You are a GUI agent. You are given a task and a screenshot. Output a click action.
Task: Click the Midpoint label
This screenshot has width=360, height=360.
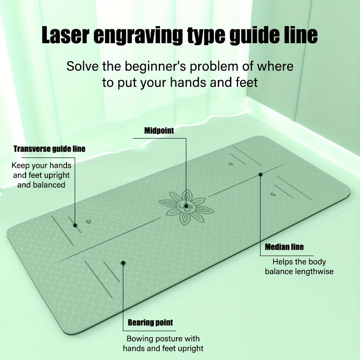159,130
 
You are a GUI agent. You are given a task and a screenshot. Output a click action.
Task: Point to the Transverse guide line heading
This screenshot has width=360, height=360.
49,149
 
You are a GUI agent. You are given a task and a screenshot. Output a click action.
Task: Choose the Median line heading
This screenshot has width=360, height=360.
284,247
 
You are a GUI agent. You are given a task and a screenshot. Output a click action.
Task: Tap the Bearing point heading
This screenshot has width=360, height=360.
150,322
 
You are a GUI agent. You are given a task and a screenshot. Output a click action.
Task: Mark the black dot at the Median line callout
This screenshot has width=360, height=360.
261,175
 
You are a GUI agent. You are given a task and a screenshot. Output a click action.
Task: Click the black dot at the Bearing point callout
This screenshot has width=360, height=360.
123,263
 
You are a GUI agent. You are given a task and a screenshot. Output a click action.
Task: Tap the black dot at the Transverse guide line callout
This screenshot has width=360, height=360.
75,225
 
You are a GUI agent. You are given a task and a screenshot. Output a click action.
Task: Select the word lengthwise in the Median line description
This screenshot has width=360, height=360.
314,272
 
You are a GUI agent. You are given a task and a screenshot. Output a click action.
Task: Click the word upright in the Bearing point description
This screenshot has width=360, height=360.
190,348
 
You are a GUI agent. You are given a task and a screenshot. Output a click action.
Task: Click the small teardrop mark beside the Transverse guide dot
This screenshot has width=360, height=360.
89,222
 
